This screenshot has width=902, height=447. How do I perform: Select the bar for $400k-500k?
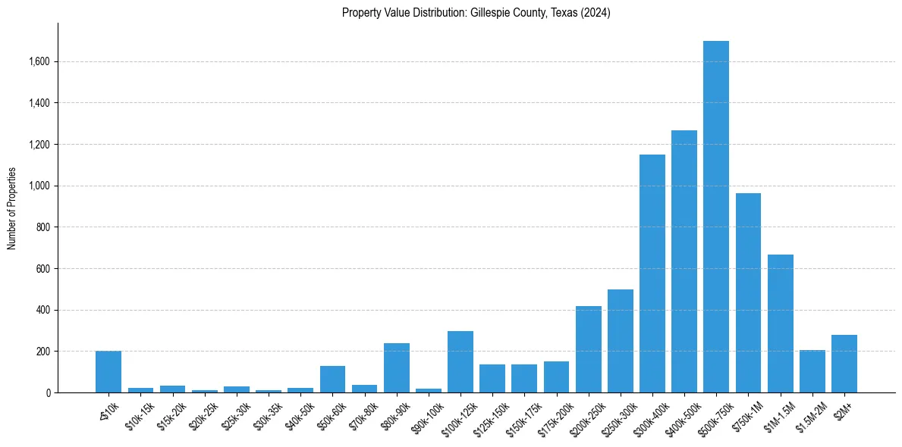tap(684, 261)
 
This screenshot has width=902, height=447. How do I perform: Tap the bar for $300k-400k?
tap(652, 274)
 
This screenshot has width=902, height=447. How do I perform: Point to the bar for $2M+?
tap(844, 364)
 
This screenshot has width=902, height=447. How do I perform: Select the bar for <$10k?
tap(108, 372)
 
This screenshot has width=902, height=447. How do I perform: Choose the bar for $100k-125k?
tap(460, 362)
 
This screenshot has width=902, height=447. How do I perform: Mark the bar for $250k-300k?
tap(620, 341)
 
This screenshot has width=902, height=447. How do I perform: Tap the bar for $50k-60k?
tap(332, 380)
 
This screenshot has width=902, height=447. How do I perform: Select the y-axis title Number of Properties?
tap(11, 208)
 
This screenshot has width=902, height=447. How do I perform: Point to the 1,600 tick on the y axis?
tap(39, 61)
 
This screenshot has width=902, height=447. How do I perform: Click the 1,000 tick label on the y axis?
tap(39, 186)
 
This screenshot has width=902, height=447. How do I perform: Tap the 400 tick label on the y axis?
tap(42, 310)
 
